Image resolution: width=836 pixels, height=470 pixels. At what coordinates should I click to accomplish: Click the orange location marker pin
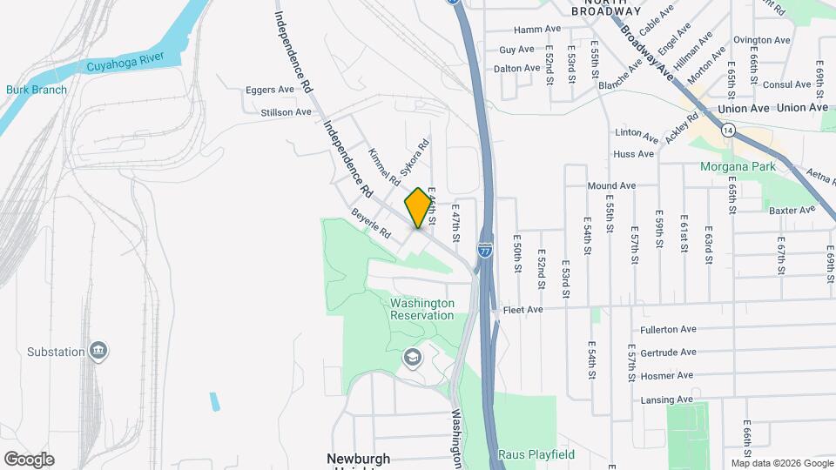click(419, 208)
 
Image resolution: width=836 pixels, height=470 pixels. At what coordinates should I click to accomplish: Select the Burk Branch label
click(30, 90)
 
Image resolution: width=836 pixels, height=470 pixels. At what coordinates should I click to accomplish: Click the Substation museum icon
click(98, 351)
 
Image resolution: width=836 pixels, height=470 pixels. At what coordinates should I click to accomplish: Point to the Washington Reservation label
click(421, 309)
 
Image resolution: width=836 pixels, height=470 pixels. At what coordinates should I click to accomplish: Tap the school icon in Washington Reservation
click(411, 357)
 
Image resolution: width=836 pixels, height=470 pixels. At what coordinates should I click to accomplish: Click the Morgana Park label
click(736, 166)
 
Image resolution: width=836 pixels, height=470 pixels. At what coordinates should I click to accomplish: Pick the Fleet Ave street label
click(522, 309)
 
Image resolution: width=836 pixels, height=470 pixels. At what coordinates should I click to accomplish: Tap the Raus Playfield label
click(536, 454)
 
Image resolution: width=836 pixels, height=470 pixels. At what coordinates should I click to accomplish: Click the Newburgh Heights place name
click(358, 460)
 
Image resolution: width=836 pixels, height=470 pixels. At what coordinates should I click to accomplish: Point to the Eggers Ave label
click(270, 90)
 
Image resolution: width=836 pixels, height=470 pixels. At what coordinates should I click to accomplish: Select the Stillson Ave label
click(286, 112)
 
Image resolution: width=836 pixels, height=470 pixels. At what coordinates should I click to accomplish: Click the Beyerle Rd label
click(372, 224)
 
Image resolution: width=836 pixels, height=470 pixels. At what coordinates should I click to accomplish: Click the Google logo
click(29, 459)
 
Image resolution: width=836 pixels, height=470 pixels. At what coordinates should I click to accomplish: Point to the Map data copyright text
click(780, 462)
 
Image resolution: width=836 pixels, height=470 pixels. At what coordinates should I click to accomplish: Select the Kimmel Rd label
click(383, 168)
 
